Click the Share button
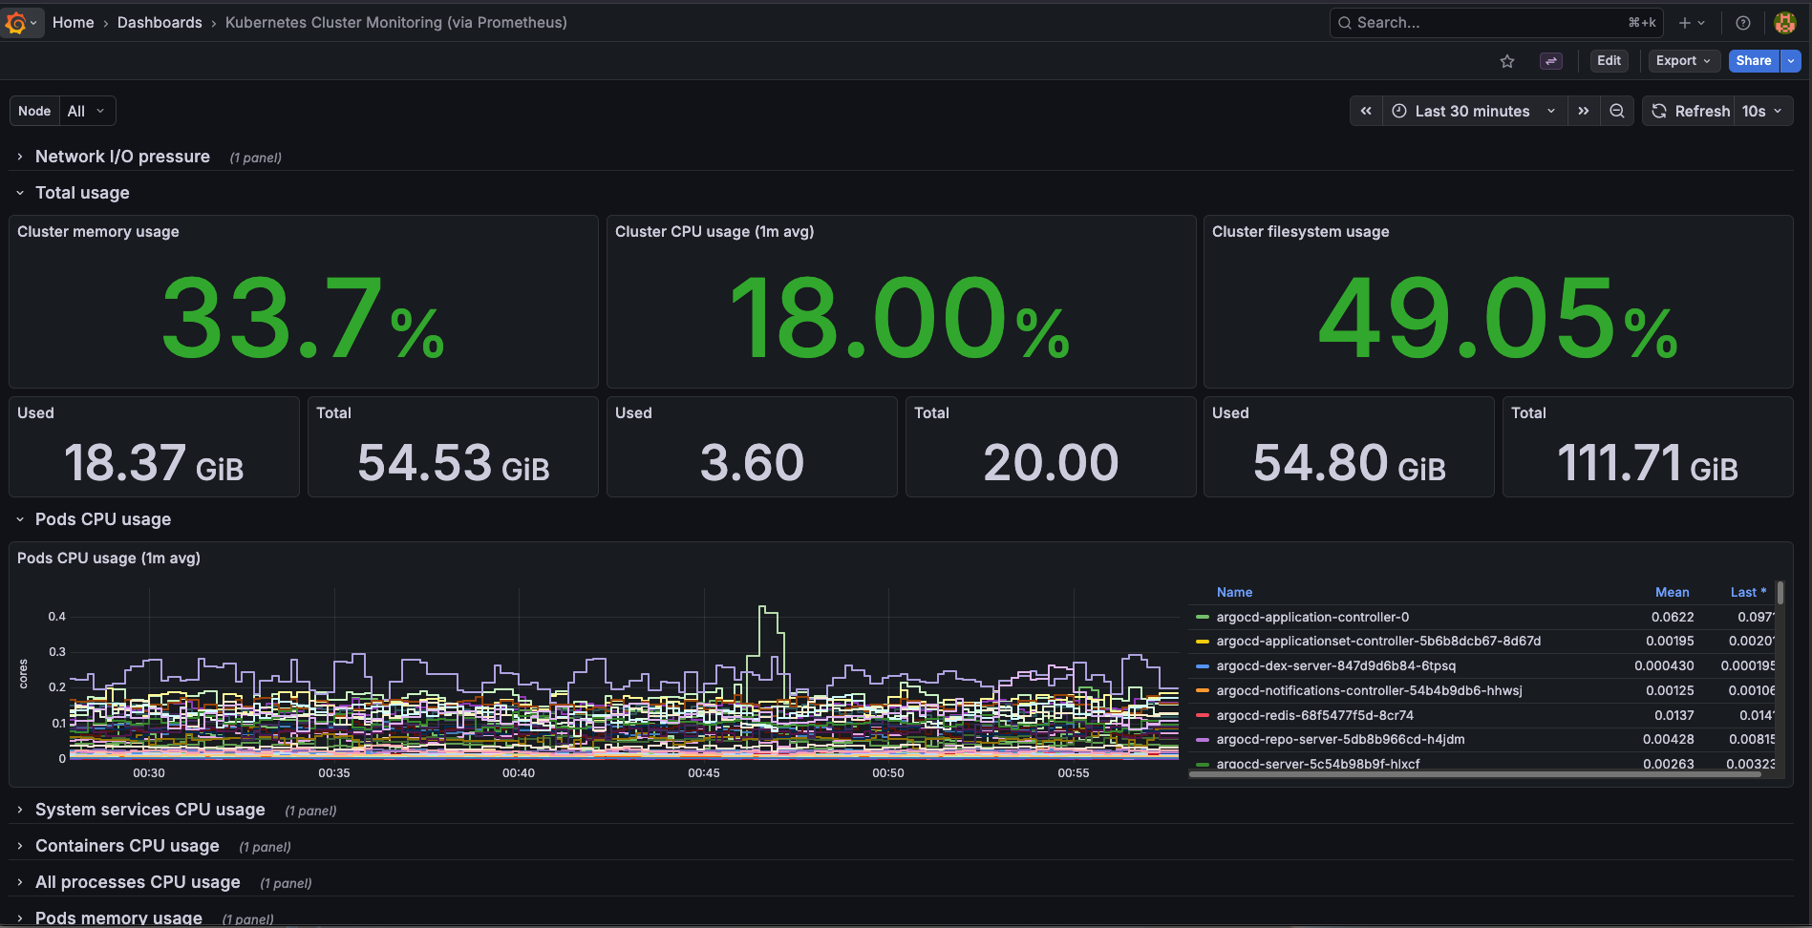point(1753,60)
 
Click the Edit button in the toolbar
point(1609,60)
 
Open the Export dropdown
point(1683,60)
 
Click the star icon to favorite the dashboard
point(1507,61)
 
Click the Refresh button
point(1691,111)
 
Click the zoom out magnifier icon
point(1616,111)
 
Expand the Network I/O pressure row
point(122,157)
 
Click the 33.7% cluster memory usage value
point(302,318)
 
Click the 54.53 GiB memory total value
point(453,463)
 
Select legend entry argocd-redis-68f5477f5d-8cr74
point(1314,715)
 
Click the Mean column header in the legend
point(1672,592)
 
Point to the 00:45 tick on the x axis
point(704,772)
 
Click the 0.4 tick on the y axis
point(57,617)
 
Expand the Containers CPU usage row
point(127,846)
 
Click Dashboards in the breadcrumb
point(160,22)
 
